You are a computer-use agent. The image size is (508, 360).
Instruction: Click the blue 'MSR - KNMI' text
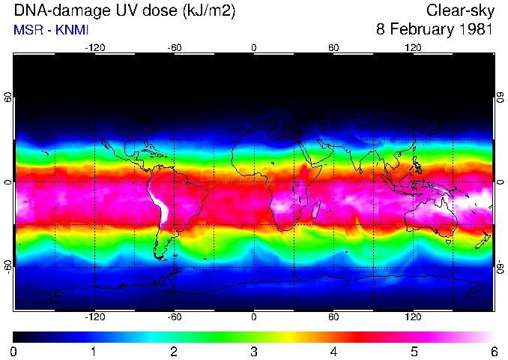[51, 31]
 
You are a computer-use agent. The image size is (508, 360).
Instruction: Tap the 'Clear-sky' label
[459, 10]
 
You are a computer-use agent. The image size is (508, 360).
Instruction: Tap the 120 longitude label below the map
[413, 317]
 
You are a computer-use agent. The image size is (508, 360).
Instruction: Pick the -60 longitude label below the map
[174, 317]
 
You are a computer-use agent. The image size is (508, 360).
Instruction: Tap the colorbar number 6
[494, 351]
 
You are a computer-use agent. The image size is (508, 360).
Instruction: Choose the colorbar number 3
[254, 351]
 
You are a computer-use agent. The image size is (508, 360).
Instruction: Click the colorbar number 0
[14, 351]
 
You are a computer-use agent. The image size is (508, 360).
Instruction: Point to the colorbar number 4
[334, 351]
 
